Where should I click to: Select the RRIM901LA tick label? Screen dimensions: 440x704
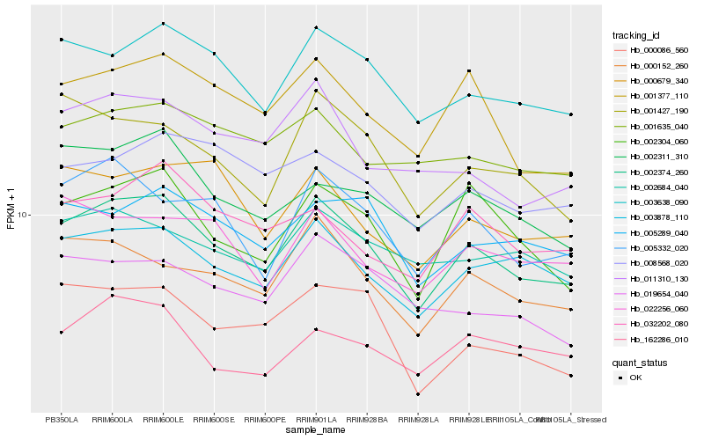pos(315,420)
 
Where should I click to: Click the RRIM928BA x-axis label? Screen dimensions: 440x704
pos(366,420)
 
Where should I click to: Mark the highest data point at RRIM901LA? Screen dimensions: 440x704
pos(315,28)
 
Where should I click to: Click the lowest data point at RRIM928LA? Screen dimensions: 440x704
pos(417,394)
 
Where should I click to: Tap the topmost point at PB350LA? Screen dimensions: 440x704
pos(62,40)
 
